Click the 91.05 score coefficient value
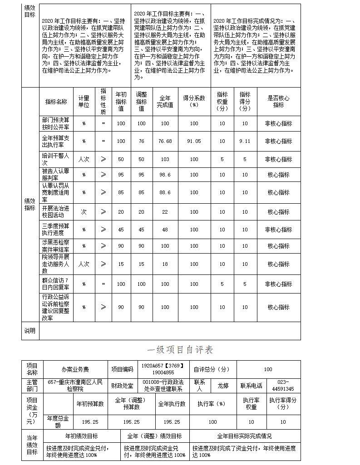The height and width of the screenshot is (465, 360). point(194,141)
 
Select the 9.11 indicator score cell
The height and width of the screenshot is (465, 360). point(245,141)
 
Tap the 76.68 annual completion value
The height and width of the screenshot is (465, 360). point(165,141)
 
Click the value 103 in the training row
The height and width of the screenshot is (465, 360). point(165,159)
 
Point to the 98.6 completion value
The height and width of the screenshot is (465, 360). point(165,175)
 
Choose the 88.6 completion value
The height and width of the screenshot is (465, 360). point(165,192)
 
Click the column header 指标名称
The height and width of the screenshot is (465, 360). point(56,102)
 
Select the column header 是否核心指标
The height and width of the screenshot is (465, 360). point(278,101)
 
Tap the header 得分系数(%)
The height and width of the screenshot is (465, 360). point(194,101)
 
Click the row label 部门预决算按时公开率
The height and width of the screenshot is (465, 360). point(56,123)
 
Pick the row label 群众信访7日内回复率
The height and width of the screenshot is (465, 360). point(56,284)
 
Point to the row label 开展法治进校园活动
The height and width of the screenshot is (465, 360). point(56,212)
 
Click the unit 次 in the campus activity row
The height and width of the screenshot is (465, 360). point(84,212)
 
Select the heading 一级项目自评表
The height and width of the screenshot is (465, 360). point(180,350)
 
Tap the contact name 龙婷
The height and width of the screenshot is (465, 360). point(223,386)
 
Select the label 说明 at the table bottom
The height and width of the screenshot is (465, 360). point(30,331)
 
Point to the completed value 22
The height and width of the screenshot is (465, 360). point(165,212)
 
